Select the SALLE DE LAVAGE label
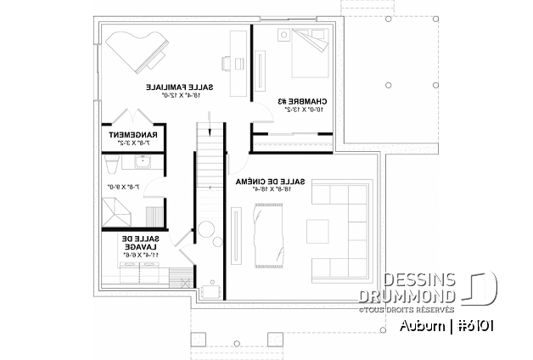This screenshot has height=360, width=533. coord(157,242)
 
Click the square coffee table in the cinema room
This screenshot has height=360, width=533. coord(319,230)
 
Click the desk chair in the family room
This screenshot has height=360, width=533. coord(225,61)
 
